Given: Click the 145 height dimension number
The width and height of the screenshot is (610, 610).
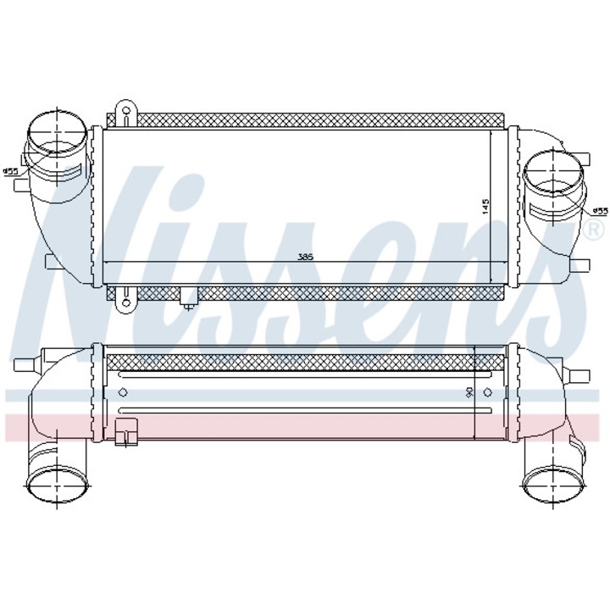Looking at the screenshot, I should [484, 206].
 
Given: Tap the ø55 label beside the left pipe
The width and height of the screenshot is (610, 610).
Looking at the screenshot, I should [10, 171].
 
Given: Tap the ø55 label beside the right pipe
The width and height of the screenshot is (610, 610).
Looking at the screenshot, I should [600, 210].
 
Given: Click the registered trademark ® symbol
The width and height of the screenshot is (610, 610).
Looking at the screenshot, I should [595, 230].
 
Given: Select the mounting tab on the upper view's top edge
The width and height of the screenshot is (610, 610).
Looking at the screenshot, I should [125, 110].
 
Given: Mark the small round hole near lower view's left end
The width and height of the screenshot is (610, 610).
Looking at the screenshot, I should [124, 391].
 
